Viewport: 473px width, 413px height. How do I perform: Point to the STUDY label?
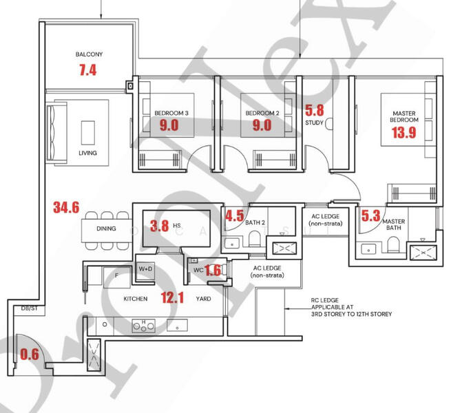pyautogui.click(x=314, y=123)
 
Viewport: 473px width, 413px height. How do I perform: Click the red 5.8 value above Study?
pyautogui.click(x=314, y=109)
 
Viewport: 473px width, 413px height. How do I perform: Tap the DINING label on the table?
pyautogui.click(x=106, y=229)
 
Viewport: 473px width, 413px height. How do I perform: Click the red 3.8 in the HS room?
pyautogui.click(x=159, y=224)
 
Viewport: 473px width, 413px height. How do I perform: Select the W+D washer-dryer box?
pyautogui.click(x=145, y=268)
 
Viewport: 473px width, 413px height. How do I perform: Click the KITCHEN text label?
pyautogui.click(x=136, y=299)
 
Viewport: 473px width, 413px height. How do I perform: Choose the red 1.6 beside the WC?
pyautogui.click(x=213, y=271)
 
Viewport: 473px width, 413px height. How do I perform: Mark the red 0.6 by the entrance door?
pyautogui.click(x=30, y=354)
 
